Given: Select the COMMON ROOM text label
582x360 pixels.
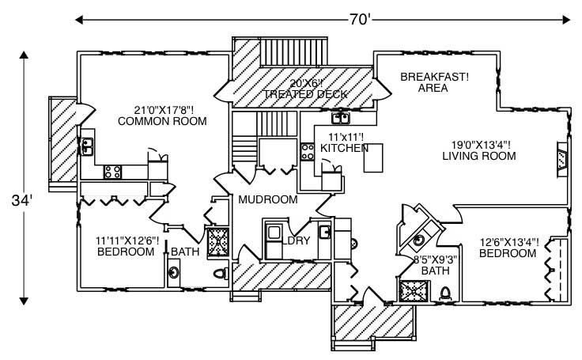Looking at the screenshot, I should coord(162,122).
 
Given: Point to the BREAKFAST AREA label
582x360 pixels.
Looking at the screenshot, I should coord(434,82).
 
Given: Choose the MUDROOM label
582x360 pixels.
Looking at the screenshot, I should coord(268,199).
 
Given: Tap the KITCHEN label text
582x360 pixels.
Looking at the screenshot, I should coord(345,148).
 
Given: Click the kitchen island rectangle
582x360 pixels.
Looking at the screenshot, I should coord(373,157).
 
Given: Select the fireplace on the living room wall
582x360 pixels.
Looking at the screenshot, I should coord(561,158).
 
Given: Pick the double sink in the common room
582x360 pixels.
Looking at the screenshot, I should coord(86,146).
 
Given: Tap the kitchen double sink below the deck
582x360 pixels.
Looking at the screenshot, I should coord(342,119).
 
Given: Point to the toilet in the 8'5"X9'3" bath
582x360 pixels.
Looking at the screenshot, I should coord(445,293).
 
